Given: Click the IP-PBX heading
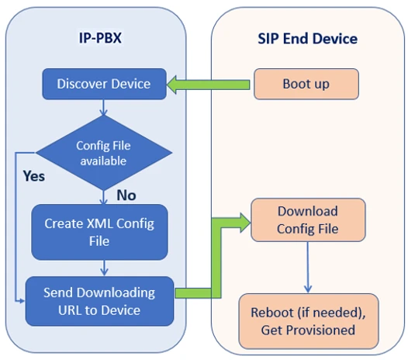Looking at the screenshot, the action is click(100, 38).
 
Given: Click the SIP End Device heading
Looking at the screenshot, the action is click(308, 39).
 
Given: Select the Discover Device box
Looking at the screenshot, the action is click(105, 84).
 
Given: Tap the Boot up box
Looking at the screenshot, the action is click(306, 84).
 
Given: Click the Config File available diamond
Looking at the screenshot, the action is click(104, 153).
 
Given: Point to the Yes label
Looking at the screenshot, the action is click(34, 176).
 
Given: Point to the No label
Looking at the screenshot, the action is click(126, 196).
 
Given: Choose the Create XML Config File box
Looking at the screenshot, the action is click(99, 232).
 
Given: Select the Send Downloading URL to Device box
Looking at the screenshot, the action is click(99, 301).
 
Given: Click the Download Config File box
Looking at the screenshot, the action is click(308, 220).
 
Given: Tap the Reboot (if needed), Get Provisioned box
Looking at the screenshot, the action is click(309, 321).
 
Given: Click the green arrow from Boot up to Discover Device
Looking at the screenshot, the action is click(208, 85).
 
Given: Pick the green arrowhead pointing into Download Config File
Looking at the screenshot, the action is click(245, 223).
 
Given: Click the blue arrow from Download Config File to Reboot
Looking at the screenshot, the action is click(308, 268).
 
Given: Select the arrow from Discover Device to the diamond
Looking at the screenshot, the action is click(103, 107).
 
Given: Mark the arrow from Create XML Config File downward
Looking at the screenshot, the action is click(104, 268).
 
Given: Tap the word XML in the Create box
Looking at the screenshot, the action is click(99, 223).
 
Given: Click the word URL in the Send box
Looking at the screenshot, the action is click(70, 310).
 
